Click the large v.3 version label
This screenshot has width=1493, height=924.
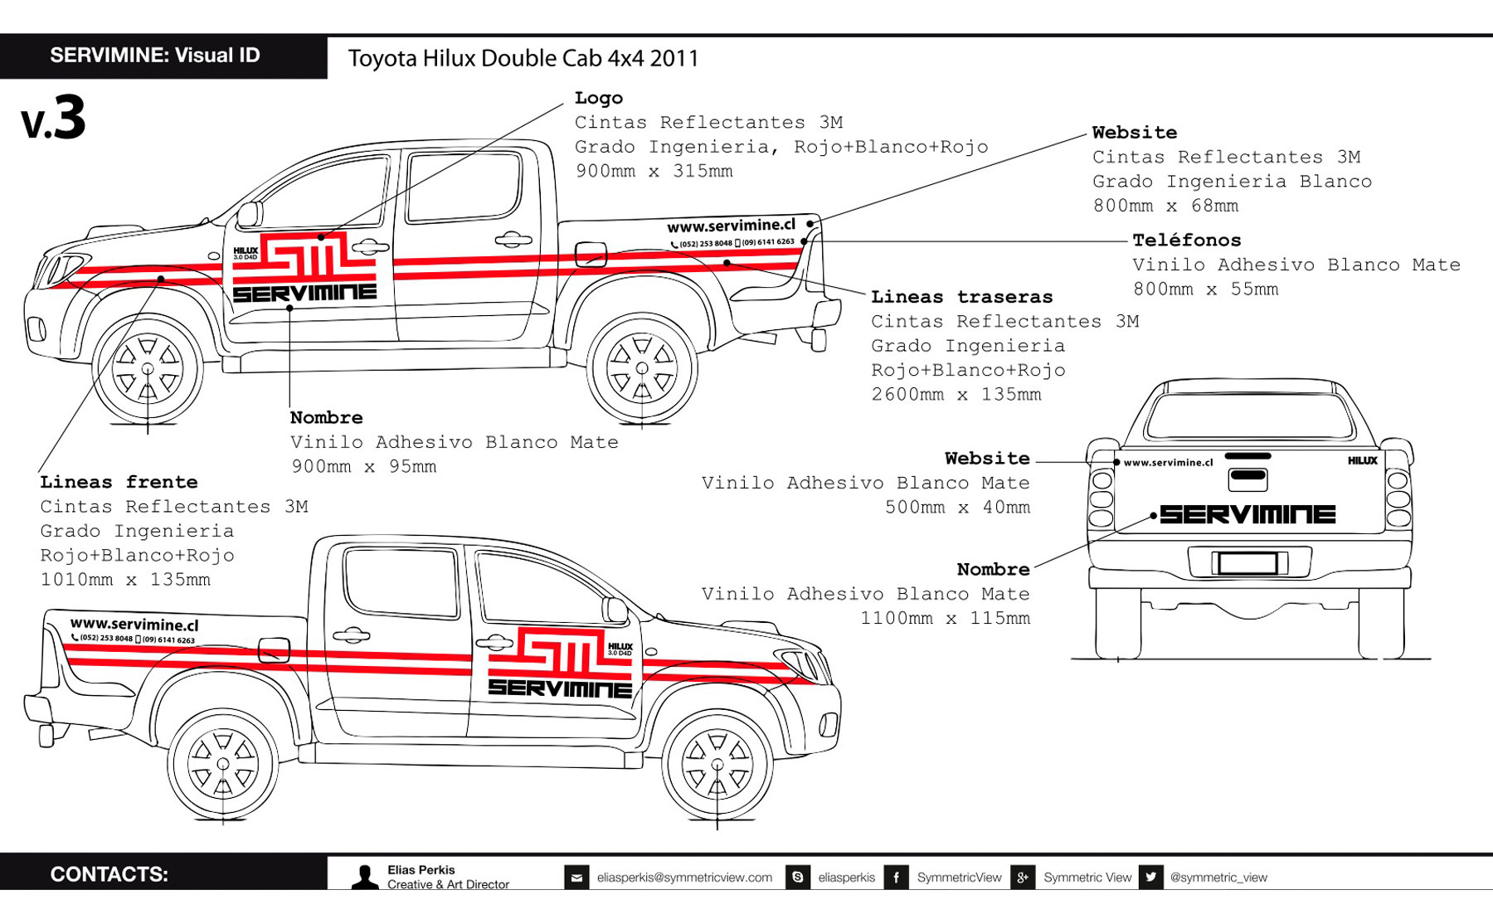pyautogui.click(x=54, y=119)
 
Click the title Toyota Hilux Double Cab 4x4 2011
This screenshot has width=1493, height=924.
pyautogui.click(x=523, y=59)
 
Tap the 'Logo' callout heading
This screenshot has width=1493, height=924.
pyautogui.click(x=598, y=99)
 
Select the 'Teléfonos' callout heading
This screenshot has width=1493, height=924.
pyautogui.click(x=1187, y=241)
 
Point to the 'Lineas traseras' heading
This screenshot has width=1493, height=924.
pyautogui.click(x=961, y=297)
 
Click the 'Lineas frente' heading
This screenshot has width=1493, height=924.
pyautogui.click(x=119, y=482)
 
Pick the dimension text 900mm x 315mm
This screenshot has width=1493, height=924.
pyautogui.click(x=654, y=172)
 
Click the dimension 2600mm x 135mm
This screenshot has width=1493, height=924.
pyautogui.click(x=956, y=395)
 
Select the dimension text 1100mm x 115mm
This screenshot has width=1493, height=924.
pyautogui.click(x=945, y=618)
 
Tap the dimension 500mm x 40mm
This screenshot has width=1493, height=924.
pyautogui.click(x=957, y=507)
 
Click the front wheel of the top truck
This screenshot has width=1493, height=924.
pyautogui.click(x=148, y=368)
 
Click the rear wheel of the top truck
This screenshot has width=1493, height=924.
pyautogui.click(x=641, y=367)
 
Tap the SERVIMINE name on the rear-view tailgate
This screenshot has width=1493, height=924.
pyautogui.click(x=1247, y=514)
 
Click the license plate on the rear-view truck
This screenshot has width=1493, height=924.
pyautogui.click(x=1247, y=563)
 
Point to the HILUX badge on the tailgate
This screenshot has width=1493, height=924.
pyautogui.click(x=1362, y=461)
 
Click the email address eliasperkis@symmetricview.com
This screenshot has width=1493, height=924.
pyautogui.click(x=684, y=878)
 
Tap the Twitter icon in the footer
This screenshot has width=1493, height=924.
pyautogui.click(x=1150, y=878)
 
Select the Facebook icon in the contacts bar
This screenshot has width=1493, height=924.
pyautogui.click(x=897, y=878)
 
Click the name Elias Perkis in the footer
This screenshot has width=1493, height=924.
pyautogui.click(x=421, y=870)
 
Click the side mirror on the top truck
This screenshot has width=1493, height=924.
pyautogui.click(x=249, y=214)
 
